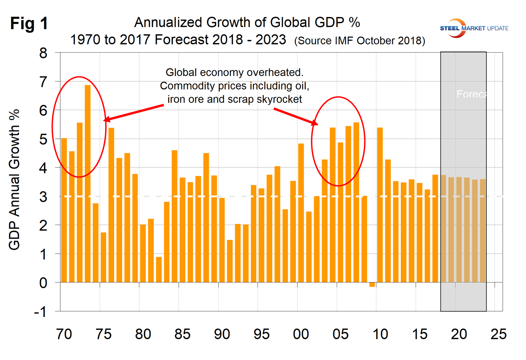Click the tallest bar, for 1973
pyautogui.click(x=88, y=184)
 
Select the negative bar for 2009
pyautogui.click(x=372, y=284)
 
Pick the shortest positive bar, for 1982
pyautogui.click(x=159, y=270)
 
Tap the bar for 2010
pyautogui.click(x=380, y=205)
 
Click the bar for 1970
pyautogui.click(x=64, y=210)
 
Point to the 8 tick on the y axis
pyautogui.click(x=44, y=53)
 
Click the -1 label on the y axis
pyautogui.click(x=40, y=312)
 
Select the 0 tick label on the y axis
pyautogui.click(x=44, y=283)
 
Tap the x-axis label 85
pyautogui.click(x=182, y=334)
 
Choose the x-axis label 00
pyautogui.click(x=301, y=334)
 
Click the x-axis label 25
pyautogui.click(x=498, y=334)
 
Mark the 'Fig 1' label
pyautogui.click(x=29, y=23)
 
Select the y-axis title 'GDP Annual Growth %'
pyautogui.click(x=14, y=180)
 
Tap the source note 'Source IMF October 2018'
pyautogui.click(x=359, y=40)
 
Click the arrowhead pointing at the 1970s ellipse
pyautogui.click(x=107, y=119)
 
